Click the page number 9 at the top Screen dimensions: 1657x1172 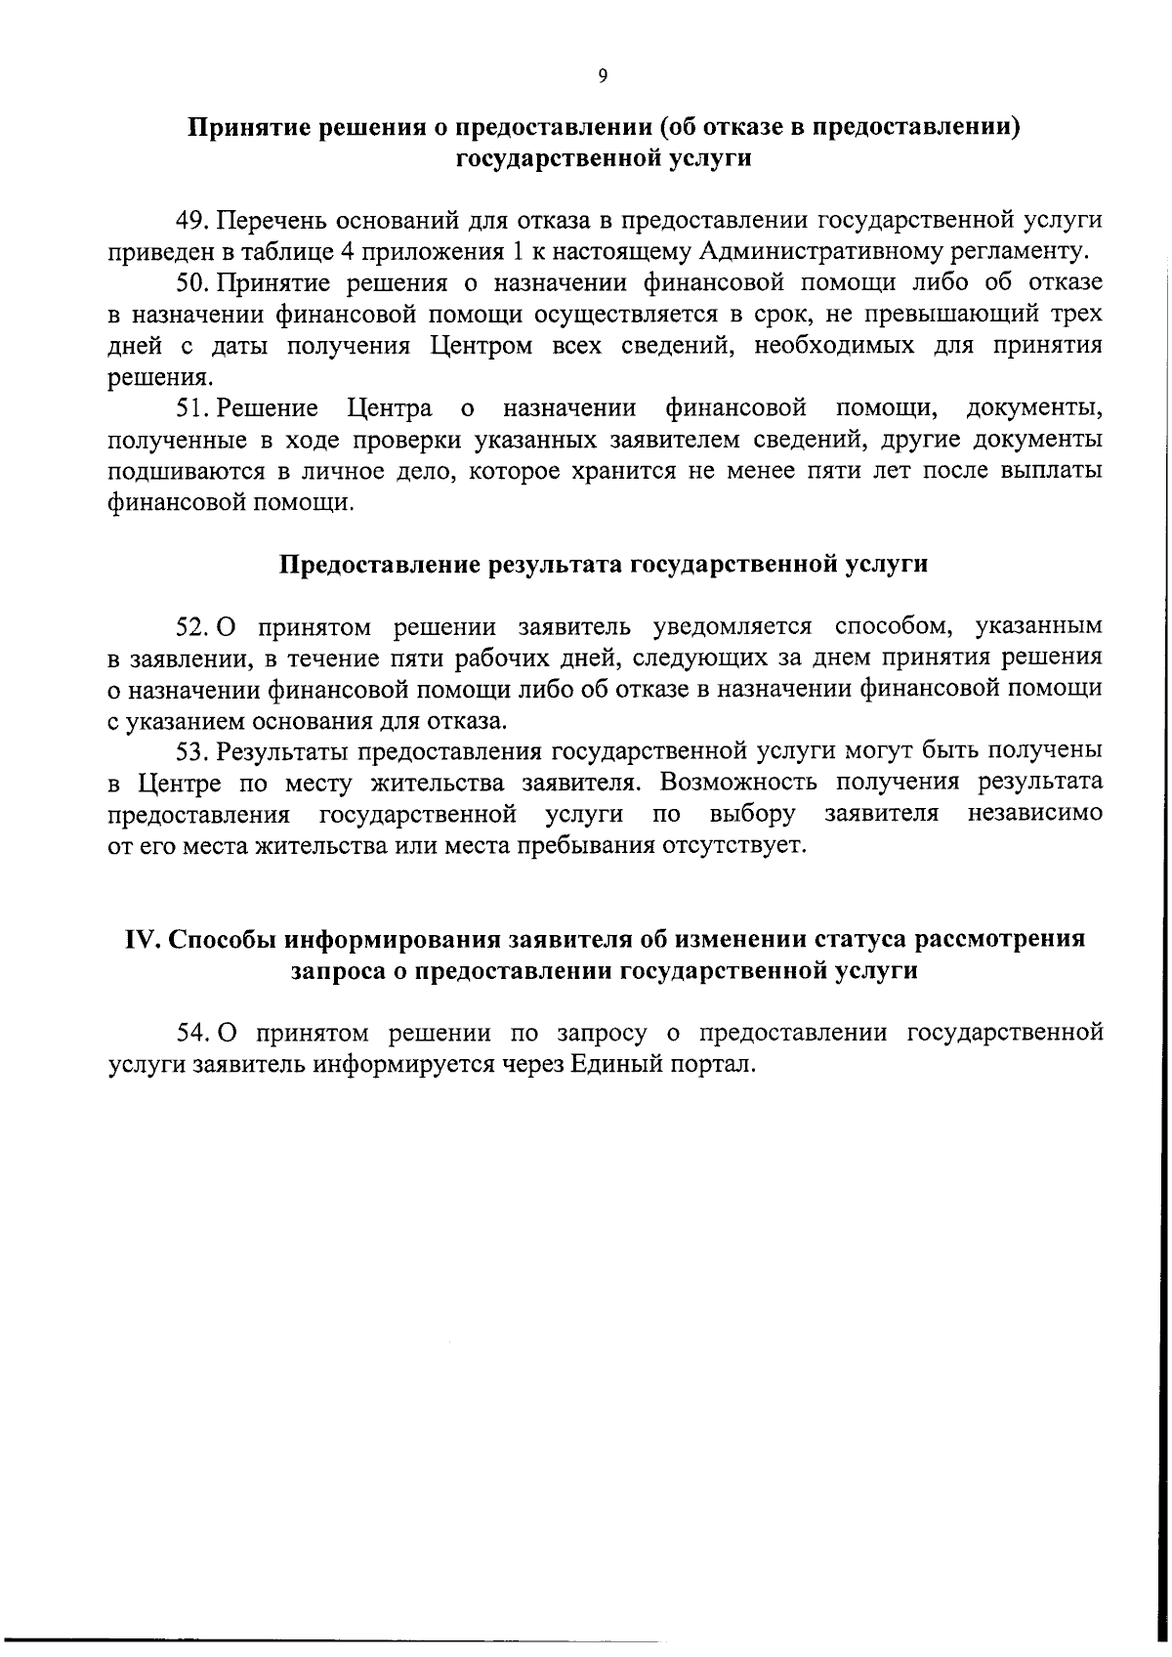pyautogui.click(x=603, y=76)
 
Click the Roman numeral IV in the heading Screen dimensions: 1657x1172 pyautogui.click(x=143, y=939)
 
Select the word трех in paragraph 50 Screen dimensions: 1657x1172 pyautogui.click(x=1073, y=315)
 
